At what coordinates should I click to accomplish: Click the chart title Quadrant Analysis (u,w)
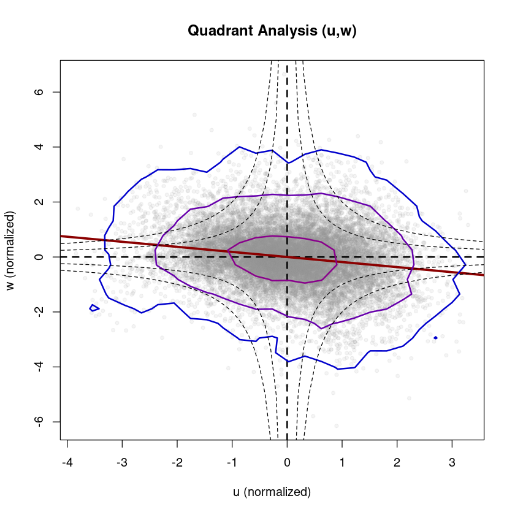272,31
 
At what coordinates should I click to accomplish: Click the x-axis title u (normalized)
272,492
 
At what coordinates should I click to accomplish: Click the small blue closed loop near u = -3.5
94,308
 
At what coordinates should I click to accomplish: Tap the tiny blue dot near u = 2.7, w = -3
435,337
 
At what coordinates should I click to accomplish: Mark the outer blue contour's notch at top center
287,162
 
